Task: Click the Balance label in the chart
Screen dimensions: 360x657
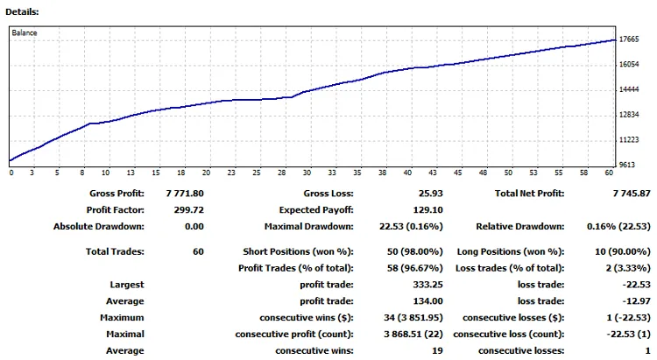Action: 25,33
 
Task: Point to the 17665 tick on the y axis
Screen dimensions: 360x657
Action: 631,39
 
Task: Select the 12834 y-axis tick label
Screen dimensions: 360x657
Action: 631,114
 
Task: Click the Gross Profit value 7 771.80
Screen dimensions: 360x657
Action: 184,194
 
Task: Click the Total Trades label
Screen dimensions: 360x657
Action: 117,251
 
